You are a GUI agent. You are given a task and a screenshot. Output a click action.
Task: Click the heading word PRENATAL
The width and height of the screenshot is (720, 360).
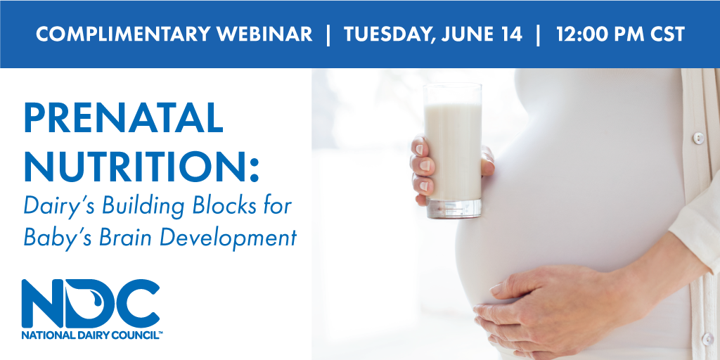pyautogui.click(x=123, y=117)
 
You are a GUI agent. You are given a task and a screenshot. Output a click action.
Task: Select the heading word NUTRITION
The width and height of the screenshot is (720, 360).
pyautogui.click(x=137, y=166)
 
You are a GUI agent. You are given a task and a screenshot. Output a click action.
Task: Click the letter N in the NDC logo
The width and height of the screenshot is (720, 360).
pyautogui.click(x=43, y=304)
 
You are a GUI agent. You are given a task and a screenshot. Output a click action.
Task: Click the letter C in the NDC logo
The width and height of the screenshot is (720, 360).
pyautogui.click(x=137, y=304)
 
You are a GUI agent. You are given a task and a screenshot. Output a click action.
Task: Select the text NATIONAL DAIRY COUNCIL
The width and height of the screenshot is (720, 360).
pyautogui.click(x=90, y=335)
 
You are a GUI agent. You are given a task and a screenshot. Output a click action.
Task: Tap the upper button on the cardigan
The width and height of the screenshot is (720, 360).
pyautogui.click(x=698, y=137)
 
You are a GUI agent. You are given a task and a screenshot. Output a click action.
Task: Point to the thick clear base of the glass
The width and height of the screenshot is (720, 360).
pyautogui.click(x=454, y=208)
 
